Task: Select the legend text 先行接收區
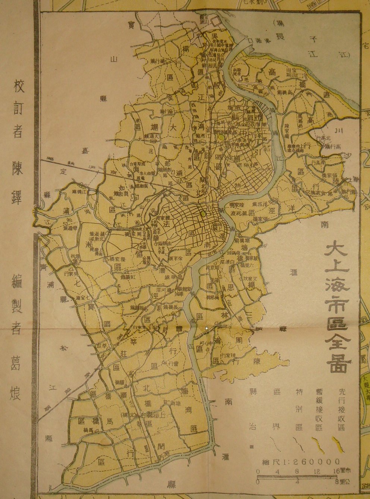(342, 410)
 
